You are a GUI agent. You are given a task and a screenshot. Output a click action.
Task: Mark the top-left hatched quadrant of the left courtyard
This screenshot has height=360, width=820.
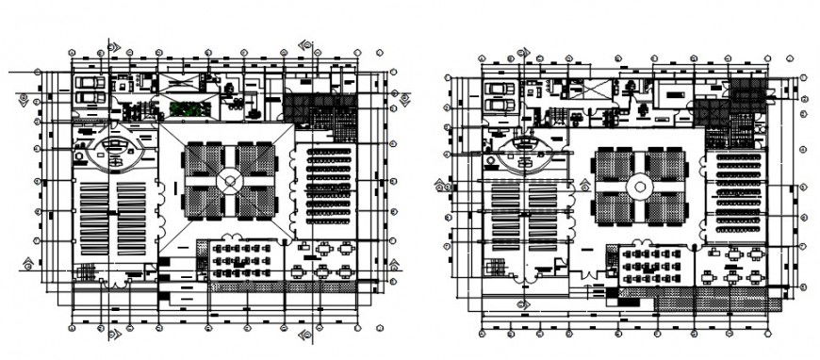(203, 157)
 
